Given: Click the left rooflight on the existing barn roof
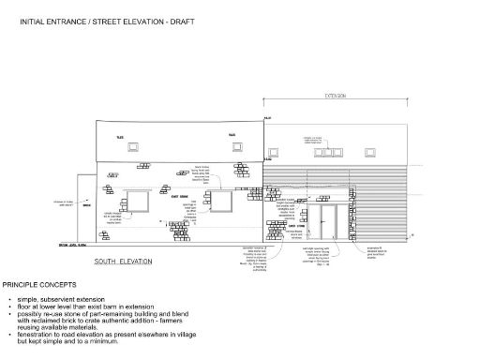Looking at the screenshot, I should pos(133,146).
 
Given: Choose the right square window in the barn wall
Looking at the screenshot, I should pos(221,202).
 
